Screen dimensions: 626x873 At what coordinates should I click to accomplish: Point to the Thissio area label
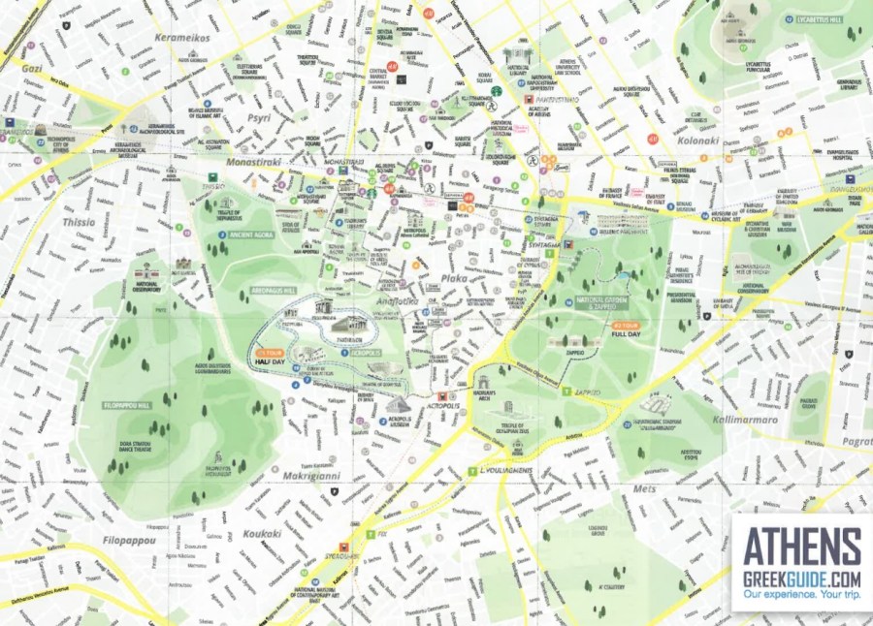[80, 222]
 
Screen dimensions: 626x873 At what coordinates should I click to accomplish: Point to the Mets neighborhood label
[644, 489]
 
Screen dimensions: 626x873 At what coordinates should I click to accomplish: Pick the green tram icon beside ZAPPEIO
[566, 391]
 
